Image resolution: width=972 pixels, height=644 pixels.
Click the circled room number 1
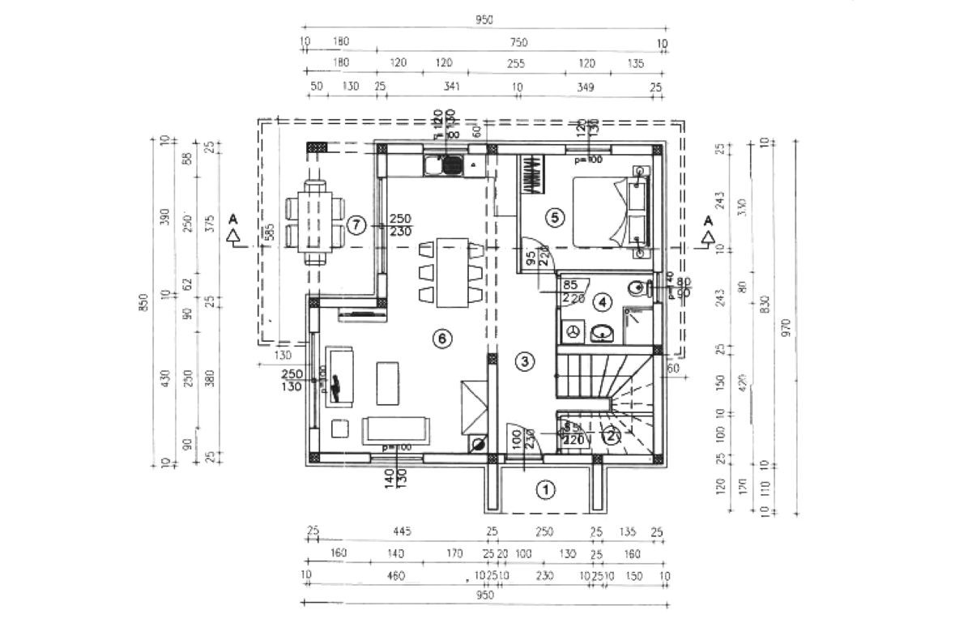546,489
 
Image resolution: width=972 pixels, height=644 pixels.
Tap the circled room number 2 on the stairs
612,435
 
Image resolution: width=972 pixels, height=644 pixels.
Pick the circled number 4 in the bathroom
602,302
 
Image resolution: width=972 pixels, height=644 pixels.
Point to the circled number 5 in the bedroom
554,216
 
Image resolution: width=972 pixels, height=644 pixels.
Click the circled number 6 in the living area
441,339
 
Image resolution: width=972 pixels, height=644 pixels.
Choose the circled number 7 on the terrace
356,225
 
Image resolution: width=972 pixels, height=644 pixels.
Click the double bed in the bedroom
612,211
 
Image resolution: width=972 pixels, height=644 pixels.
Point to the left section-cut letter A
233,219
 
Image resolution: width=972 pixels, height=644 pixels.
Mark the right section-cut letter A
708,220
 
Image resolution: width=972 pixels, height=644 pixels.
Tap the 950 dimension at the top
484,20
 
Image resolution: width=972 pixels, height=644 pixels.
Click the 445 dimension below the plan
403,531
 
